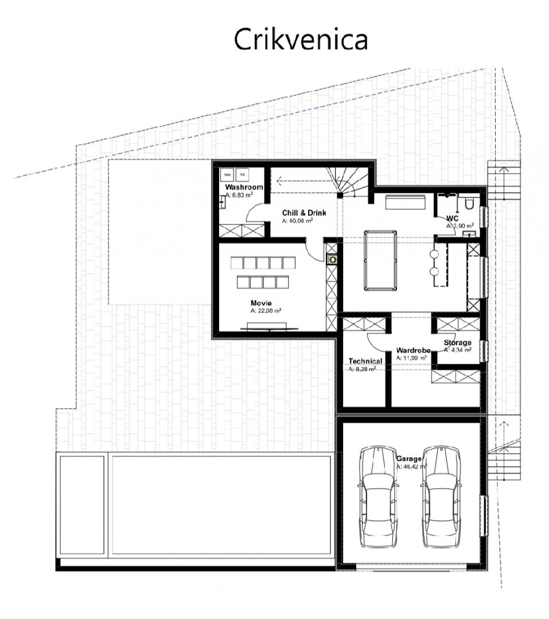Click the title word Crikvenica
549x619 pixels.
coord(301,39)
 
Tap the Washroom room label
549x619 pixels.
coord(244,187)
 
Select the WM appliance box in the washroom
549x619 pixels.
coord(227,174)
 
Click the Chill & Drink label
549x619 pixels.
coord(303,213)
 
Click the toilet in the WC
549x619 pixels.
coord(468,203)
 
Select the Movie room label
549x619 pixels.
coord(260,303)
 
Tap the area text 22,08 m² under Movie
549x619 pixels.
coord(265,311)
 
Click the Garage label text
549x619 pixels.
coord(409,459)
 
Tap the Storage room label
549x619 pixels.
coord(457,343)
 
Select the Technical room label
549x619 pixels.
coord(365,361)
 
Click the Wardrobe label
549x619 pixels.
coord(413,350)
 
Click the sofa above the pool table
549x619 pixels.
coord(405,203)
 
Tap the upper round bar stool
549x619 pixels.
coord(434,253)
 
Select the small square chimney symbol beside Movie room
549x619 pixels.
coord(332,260)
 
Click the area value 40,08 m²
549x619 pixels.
coord(297,220)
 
